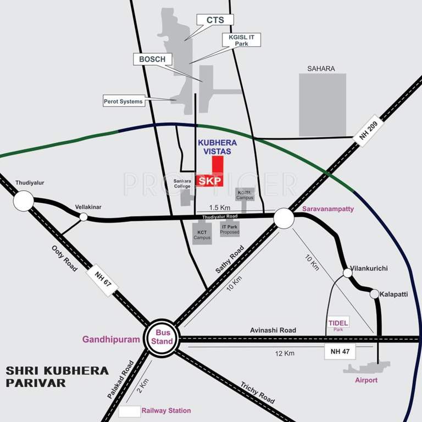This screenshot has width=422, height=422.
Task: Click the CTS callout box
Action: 215,20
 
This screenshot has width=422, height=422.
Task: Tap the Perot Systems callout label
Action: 123,101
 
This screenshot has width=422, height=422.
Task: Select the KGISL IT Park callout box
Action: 241,40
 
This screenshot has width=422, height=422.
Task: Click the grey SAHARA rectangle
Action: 322,104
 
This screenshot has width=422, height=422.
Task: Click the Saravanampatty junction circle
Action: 284,218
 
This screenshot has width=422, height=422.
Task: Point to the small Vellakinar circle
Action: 84,217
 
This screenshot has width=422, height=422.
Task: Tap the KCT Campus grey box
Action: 202,234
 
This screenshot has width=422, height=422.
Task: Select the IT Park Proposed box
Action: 230,229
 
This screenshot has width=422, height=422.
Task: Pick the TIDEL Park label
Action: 338,325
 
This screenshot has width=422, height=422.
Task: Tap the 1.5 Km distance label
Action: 219,208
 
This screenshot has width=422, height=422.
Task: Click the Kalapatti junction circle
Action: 375,295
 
